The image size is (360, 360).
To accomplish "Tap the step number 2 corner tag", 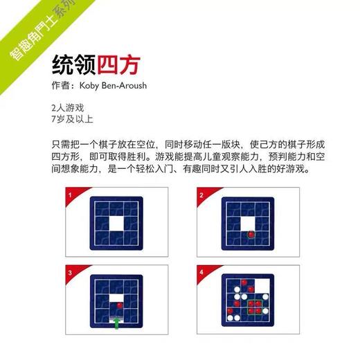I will pyautogui.click(x=201, y=197).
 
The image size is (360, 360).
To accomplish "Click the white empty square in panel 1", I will pyautogui.click(x=116, y=224).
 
